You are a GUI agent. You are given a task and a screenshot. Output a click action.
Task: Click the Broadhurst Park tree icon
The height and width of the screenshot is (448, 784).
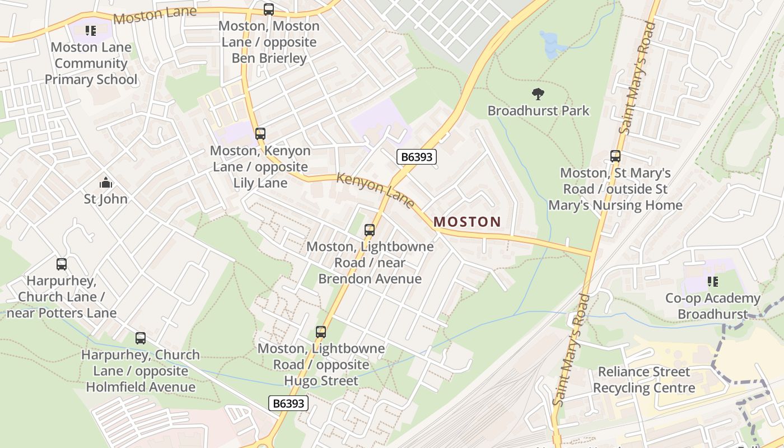pyautogui.click(x=538, y=94)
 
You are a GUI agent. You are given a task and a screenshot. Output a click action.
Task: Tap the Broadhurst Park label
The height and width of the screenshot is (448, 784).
pyautogui.click(x=538, y=111)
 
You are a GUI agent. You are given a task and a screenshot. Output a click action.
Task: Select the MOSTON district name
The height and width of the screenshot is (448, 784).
pyautogui.click(x=467, y=222)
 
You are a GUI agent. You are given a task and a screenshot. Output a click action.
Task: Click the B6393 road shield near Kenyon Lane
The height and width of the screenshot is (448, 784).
pyautogui.click(x=417, y=157)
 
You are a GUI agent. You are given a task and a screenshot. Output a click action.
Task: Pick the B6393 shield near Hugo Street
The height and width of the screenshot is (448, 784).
pyautogui.click(x=288, y=403)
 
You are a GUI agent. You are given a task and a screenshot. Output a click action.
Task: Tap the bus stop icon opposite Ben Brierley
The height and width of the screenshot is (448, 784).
pyautogui.click(x=269, y=10)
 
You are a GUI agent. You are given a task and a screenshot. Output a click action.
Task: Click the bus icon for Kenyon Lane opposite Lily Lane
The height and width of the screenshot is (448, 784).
pyautogui.click(x=260, y=134)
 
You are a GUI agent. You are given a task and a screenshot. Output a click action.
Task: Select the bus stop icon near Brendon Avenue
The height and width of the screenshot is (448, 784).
pyautogui.click(x=369, y=230)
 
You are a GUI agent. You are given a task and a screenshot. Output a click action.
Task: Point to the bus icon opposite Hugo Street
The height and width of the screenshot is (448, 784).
pyautogui.click(x=320, y=332)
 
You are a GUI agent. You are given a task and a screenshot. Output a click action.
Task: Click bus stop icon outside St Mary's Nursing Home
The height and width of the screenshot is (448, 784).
pyautogui.click(x=615, y=156)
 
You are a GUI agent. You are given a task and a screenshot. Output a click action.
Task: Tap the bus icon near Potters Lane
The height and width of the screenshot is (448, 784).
pyautogui.click(x=62, y=264)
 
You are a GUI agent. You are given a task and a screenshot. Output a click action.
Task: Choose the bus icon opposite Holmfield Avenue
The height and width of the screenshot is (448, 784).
pyautogui.click(x=140, y=338)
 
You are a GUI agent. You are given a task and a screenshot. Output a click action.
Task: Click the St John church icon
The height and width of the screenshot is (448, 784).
pyautogui.click(x=105, y=183)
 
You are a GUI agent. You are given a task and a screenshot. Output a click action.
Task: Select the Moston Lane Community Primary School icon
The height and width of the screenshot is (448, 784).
pyautogui.click(x=90, y=31)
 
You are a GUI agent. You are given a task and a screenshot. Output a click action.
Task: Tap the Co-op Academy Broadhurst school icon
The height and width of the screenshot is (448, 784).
pyautogui.click(x=712, y=282)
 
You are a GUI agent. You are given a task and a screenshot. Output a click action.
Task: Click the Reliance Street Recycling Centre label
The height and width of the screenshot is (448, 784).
pyautogui.click(x=644, y=380)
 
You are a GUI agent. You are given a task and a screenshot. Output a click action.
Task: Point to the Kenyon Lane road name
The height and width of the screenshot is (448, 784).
pyautogui.click(x=375, y=190)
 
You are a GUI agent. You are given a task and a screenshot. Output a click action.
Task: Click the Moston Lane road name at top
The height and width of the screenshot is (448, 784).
pyautogui.click(x=155, y=15)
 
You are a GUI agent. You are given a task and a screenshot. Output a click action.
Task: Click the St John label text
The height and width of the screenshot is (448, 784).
pyautogui.click(x=105, y=199)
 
